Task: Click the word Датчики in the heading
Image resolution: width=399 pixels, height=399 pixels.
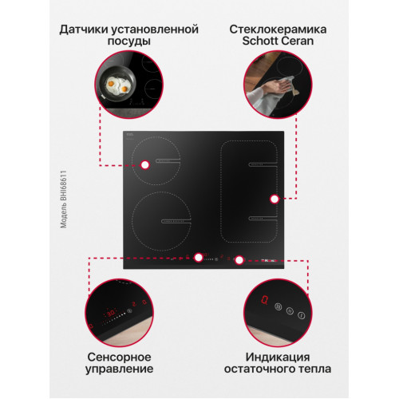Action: tap(83, 30)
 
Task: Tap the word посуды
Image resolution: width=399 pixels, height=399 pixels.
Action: tap(129, 41)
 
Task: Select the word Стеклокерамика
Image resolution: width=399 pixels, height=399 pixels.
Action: tap(278, 29)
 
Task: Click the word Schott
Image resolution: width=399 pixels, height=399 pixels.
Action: tap(260, 41)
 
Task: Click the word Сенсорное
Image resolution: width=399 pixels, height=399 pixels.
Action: tap(119, 357)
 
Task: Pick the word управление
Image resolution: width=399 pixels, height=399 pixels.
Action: tap(119, 369)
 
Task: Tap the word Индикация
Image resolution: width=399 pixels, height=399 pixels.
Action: tap(278, 357)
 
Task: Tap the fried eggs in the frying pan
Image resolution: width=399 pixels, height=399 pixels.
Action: tap(118, 85)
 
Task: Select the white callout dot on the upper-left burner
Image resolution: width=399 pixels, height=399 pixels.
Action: tap(145, 165)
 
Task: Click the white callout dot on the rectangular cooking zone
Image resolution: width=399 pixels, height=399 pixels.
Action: tap(275, 199)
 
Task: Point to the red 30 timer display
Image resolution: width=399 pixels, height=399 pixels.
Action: tap(111, 313)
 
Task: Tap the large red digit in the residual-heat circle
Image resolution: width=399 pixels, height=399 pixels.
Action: tap(264, 300)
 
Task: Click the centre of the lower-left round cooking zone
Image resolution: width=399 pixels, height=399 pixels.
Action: tap(161, 221)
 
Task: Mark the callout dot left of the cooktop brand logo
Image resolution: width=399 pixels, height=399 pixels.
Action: tap(239, 260)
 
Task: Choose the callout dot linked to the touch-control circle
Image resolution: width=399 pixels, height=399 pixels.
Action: tap(199, 258)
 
